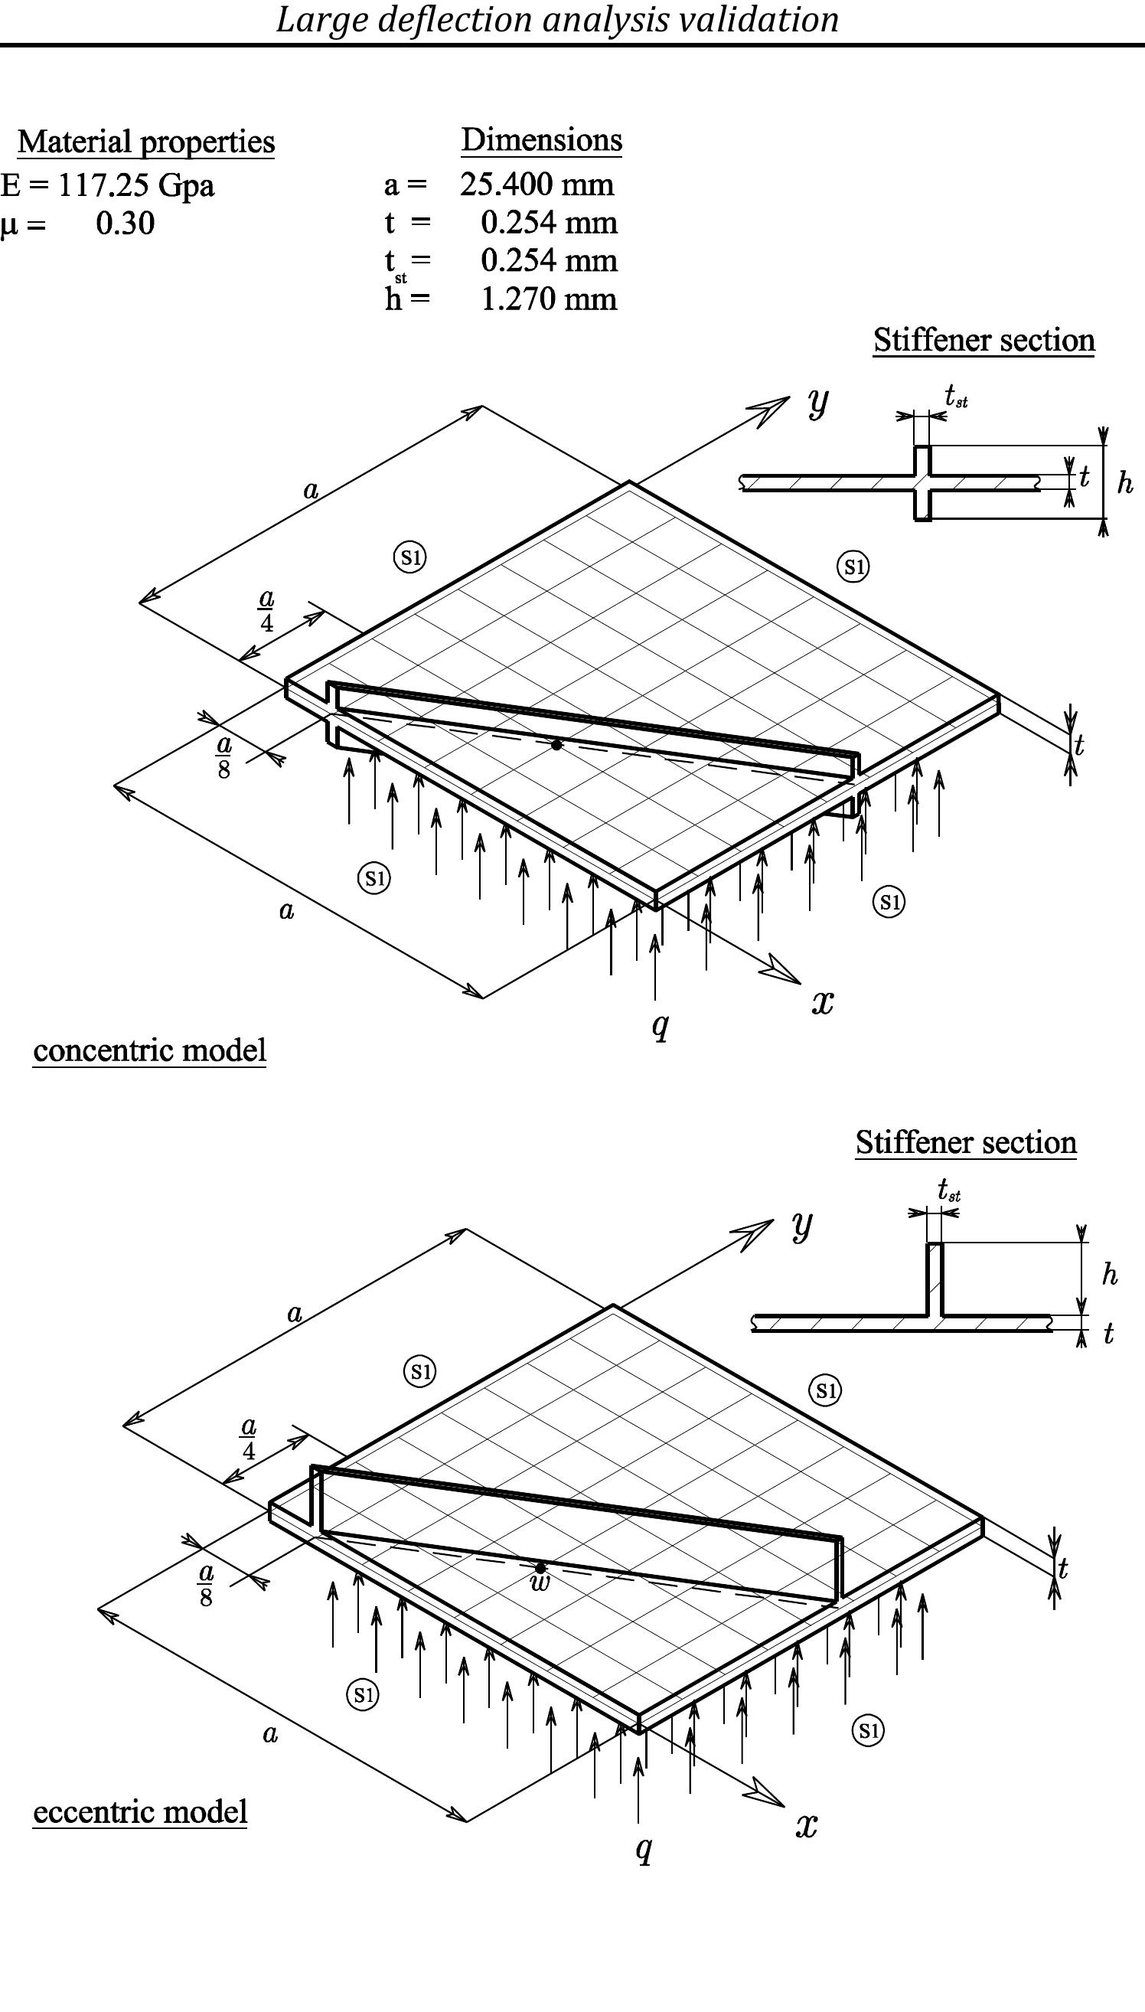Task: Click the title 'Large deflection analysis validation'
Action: tap(556, 20)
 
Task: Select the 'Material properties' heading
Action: tap(146, 142)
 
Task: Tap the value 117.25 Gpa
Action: tap(136, 186)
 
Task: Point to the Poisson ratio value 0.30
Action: tap(125, 224)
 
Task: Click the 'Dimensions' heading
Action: tap(541, 140)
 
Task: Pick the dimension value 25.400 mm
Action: tap(537, 185)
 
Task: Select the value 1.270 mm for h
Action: tap(548, 299)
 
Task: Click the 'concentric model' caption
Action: tap(149, 1051)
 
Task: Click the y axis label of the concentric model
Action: tap(818, 402)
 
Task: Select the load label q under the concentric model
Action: tap(661, 1024)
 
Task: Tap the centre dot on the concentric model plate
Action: tap(556, 744)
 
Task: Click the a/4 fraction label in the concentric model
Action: tap(266, 611)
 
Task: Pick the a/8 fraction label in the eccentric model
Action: tap(206, 1584)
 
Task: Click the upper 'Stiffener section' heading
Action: tap(983, 341)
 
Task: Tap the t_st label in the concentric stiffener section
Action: tap(955, 396)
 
